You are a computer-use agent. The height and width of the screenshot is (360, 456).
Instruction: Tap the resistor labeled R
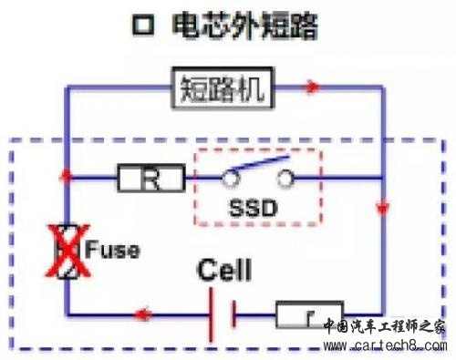pyautogui.click(x=151, y=176)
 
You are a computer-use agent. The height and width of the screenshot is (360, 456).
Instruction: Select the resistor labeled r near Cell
pyautogui.click(x=308, y=315)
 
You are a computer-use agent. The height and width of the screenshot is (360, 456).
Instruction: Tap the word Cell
pyautogui.click(x=225, y=271)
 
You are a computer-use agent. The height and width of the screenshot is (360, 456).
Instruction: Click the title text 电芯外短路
pyautogui.click(x=245, y=27)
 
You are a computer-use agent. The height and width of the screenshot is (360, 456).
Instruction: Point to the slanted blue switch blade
pyautogui.click(x=256, y=169)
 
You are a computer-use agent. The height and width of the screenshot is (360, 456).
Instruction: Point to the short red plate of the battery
pyautogui.click(x=233, y=315)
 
